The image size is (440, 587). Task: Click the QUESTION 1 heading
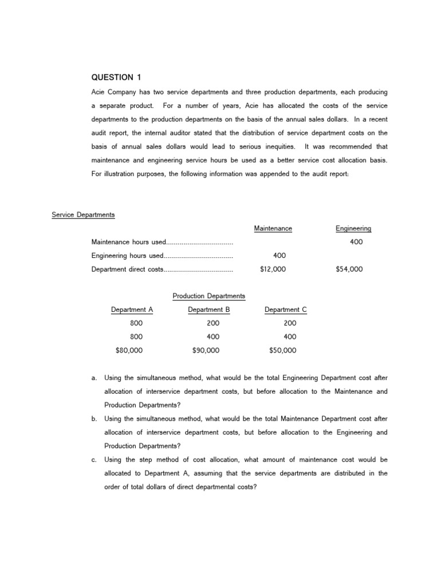click(115, 77)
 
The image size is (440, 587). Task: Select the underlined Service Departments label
click(83, 215)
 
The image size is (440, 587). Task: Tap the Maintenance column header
click(273, 228)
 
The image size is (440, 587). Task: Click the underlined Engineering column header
click(353, 228)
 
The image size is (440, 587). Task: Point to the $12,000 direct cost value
click(273, 269)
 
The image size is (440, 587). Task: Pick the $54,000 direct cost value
click(349, 269)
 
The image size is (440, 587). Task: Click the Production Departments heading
click(209, 296)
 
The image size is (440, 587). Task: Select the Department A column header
click(132, 310)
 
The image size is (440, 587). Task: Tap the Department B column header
click(209, 310)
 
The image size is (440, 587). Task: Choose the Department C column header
click(285, 310)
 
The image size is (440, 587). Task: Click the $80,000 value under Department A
click(129, 350)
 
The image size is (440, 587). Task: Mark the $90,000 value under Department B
click(206, 350)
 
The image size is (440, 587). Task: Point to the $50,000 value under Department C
click(283, 350)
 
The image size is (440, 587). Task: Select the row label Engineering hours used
click(128, 256)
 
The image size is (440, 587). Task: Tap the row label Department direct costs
click(127, 269)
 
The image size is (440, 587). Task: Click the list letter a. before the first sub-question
click(94, 378)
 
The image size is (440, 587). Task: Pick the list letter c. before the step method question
click(94, 460)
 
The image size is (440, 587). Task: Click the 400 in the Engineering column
click(356, 242)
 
